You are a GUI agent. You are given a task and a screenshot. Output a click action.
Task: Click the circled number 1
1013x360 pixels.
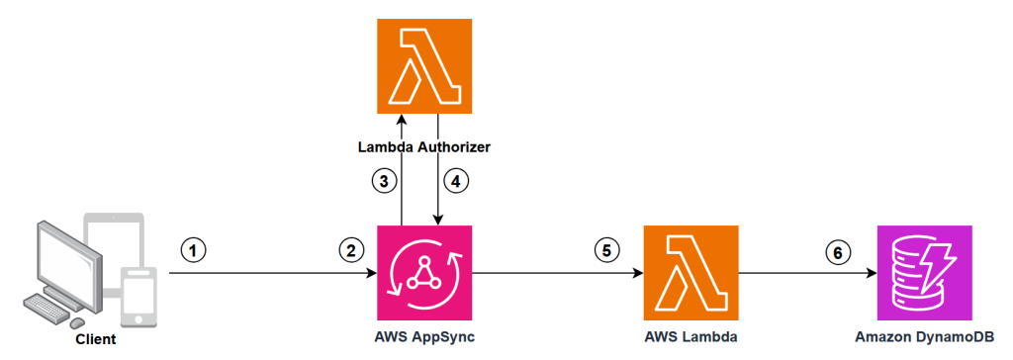(196, 249)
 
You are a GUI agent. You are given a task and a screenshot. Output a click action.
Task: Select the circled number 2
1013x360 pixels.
(348, 249)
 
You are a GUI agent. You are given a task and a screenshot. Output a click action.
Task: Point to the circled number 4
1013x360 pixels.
(458, 181)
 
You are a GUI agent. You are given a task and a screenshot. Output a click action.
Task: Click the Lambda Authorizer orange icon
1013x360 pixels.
(423, 67)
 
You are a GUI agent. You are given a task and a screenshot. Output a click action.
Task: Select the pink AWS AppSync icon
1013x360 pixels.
(423, 273)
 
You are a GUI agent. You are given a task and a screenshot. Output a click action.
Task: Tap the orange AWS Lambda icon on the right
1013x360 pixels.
(691, 273)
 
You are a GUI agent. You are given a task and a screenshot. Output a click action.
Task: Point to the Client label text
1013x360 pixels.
(95, 339)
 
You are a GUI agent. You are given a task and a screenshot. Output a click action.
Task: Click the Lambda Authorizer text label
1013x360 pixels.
(423, 146)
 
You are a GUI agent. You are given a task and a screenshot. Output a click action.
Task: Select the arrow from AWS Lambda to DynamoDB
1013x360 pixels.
(806, 274)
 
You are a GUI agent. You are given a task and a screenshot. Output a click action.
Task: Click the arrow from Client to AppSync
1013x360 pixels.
(267, 274)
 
